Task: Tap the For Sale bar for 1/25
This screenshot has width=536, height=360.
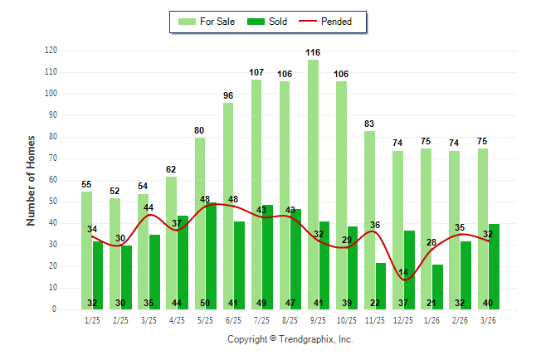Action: pyautogui.click(x=86, y=250)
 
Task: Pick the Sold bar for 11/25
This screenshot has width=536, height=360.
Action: pyautogui.click(x=381, y=285)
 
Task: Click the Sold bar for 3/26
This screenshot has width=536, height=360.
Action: pyautogui.click(x=495, y=266)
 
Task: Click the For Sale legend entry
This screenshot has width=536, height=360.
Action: pyautogui.click(x=207, y=22)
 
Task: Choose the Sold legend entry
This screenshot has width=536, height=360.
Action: pyautogui.click(x=269, y=22)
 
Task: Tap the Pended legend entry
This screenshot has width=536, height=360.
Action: pyautogui.click(x=335, y=22)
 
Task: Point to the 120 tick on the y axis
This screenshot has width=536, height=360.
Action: pyautogui.click(x=51, y=51)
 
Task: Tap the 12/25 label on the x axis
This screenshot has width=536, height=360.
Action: pyautogui.click(x=403, y=320)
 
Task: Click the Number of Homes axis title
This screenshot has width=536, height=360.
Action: pyautogui.click(x=32, y=180)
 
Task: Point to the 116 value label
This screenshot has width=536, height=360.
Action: pyautogui.click(x=313, y=52)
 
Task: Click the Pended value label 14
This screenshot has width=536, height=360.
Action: pyautogui.click(x=404, y=272)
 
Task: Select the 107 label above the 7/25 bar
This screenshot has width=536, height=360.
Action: pyautogui.click(x=256, y=72)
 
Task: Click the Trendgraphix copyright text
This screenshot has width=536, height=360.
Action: pyautogui.click(x=290, y=339)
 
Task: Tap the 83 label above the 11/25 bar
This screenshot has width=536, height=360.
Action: pyautogui.click(x=369, y=124)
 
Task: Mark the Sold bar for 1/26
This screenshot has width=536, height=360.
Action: pyautogui.click(x=437, y=287)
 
